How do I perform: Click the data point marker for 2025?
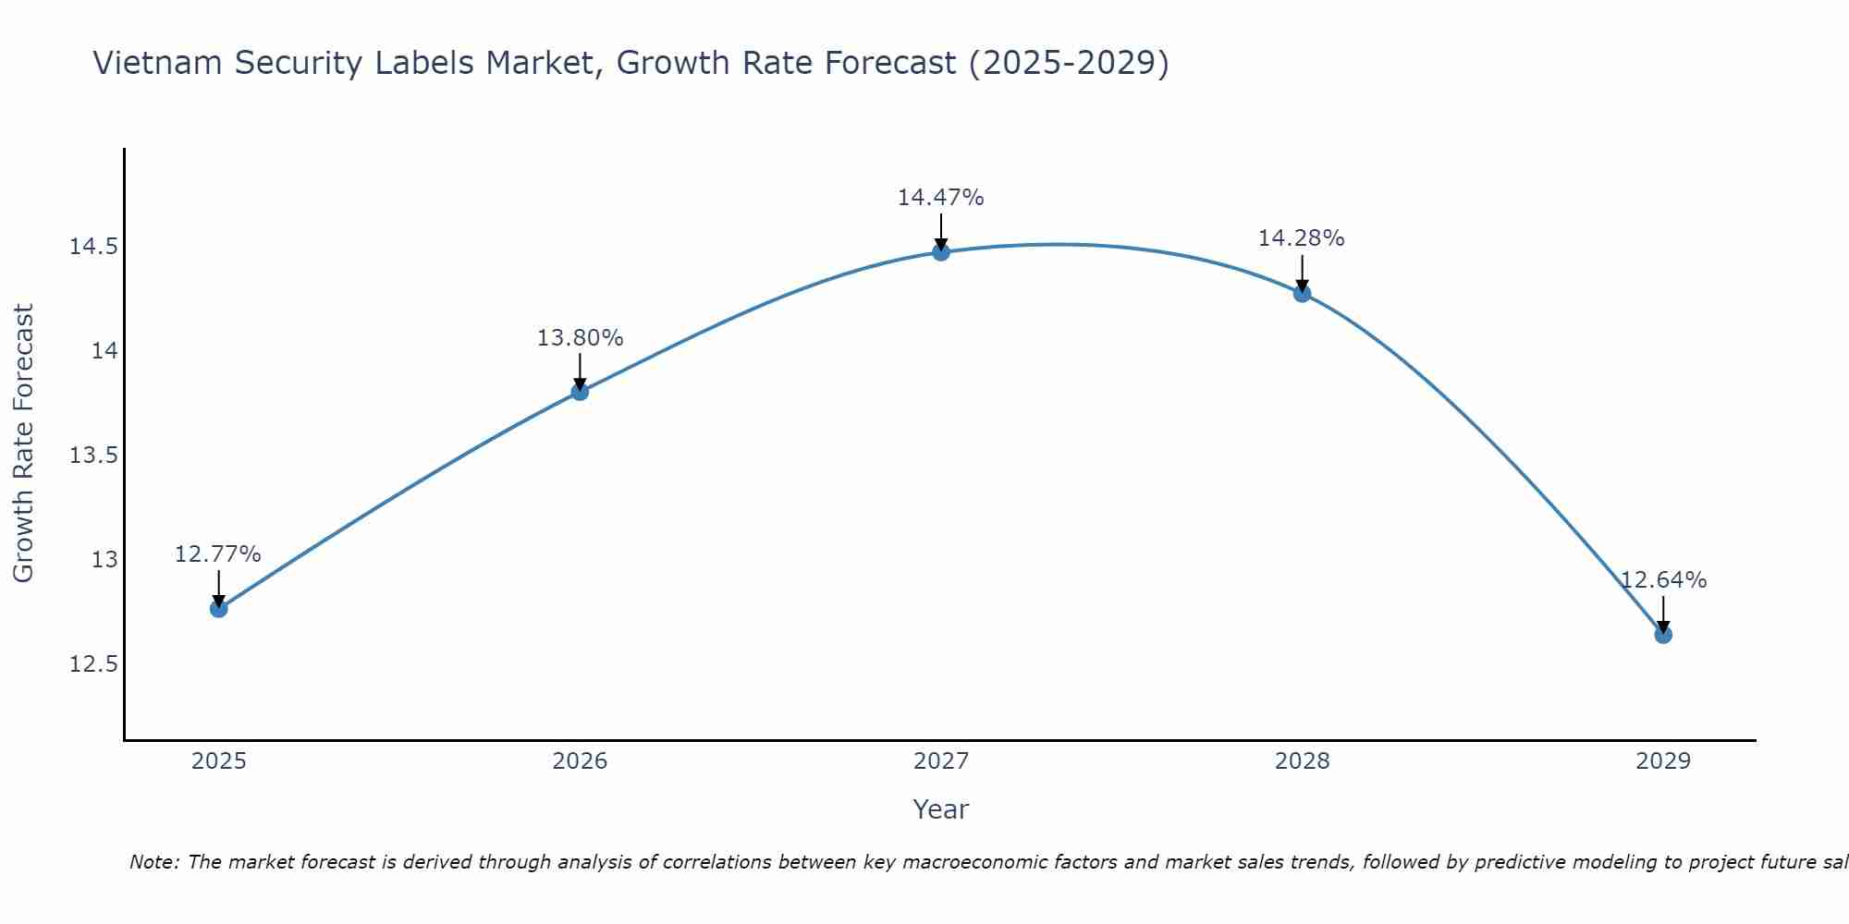click(219, 608)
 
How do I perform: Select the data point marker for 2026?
click(580, 392)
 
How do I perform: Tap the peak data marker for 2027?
click(941, 252)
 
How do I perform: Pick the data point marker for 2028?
click(1302, 294)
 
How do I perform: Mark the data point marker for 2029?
click(1663, 635)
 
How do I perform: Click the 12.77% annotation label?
click(218, 554)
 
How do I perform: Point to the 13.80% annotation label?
click(580, 338)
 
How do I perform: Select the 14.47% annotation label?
click(941, 198)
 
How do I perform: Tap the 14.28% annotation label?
click(1302, 238)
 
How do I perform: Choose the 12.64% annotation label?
click(1663, 580)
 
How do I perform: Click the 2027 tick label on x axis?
click(941, 761)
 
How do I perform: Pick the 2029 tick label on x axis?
click(1663, 761)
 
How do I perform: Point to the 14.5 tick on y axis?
click(93, 247)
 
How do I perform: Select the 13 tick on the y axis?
click(104, 560)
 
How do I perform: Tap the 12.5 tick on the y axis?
click(93, 664)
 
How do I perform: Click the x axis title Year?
click(941, 809)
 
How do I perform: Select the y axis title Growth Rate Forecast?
click(24, 444)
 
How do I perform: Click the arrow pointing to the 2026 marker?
click(580, 371)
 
